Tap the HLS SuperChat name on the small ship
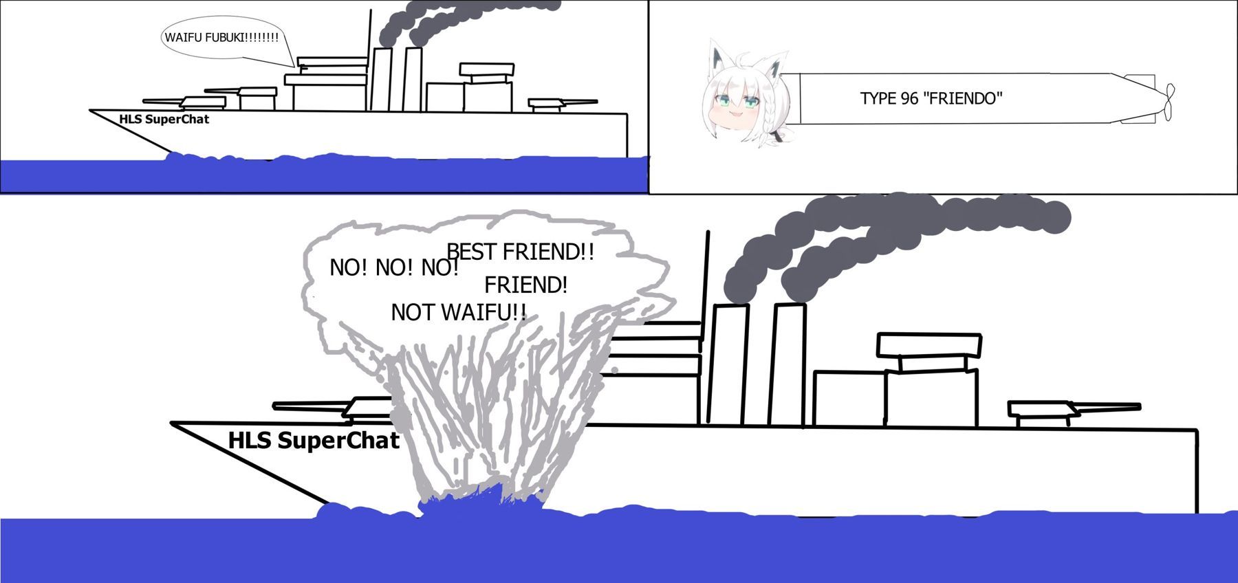[x=164, y=119]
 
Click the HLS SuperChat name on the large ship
[x=314, y=441]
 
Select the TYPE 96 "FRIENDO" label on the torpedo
[x=931, y=98]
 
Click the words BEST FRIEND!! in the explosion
[x=520, y=252]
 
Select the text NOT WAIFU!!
[x=458, y=313]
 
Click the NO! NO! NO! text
[x=393, y=267]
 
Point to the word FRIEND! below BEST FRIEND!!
[x=525, y=285]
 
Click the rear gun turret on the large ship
[x=1042, y=410]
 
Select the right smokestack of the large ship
[x=787, y=364]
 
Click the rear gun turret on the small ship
[x=554, y=104]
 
